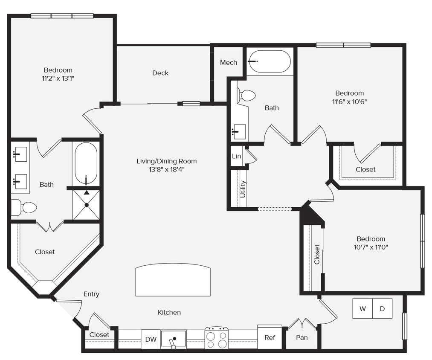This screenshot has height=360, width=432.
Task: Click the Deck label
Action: click(160, 73)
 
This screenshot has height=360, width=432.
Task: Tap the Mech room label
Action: click(229, 63)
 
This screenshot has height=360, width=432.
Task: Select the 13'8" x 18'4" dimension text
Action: click(167, 169)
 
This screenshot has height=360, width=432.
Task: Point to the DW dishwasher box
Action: click(151, 340)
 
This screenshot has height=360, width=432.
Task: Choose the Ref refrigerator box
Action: click(270, 337)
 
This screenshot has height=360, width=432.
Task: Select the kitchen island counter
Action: click(173, 280)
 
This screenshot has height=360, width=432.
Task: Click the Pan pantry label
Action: click(302, 337)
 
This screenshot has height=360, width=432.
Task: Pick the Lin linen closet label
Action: click(236, 156)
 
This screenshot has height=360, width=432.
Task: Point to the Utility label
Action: click(243, 189)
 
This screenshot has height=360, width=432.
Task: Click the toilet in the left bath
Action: click(25, 208)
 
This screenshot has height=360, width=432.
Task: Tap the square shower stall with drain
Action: click(86, 205)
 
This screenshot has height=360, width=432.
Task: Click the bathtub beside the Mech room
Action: click(269, 61)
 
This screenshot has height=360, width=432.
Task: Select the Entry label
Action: click(91, 294)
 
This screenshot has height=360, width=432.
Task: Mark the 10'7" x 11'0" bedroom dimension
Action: click(371, 247)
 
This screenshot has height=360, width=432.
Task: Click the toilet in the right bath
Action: click(246, 95)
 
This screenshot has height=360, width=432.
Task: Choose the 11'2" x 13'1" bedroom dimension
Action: click(58, 78)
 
